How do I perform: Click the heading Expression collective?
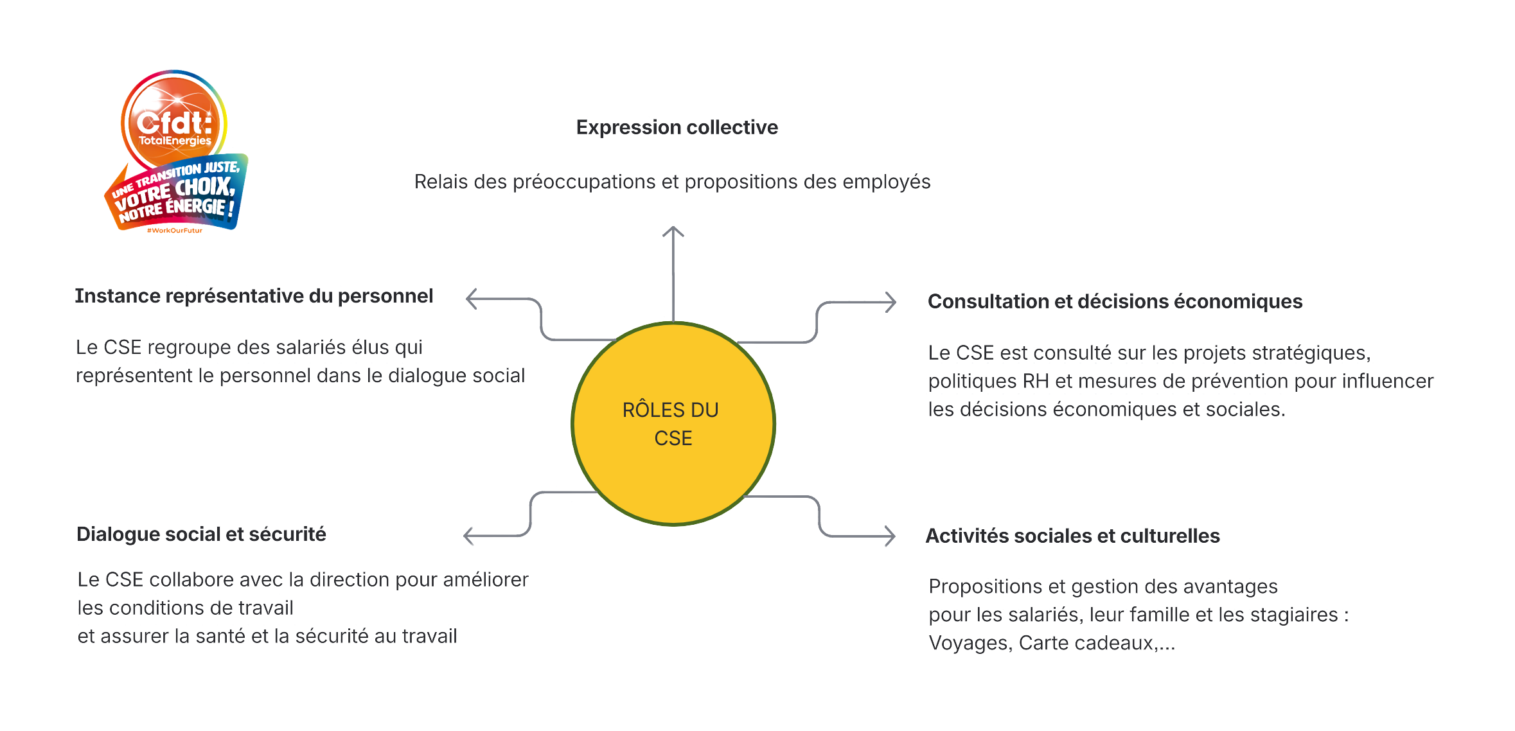point(677,127)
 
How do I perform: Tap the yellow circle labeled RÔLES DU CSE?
point(673,424)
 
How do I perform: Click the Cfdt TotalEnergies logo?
point(174,152)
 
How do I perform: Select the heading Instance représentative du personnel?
point(254,296)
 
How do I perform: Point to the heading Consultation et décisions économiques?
point(1115,301)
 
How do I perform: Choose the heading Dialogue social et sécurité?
point(201,534)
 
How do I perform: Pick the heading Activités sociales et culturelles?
point(1072,536)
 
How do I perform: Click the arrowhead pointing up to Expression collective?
point(673,231)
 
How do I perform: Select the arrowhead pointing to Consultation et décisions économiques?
point(890,302)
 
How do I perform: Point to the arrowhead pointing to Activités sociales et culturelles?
point(890,536)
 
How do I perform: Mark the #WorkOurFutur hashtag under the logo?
point(175,231)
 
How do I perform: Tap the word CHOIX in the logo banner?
point(205,188)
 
